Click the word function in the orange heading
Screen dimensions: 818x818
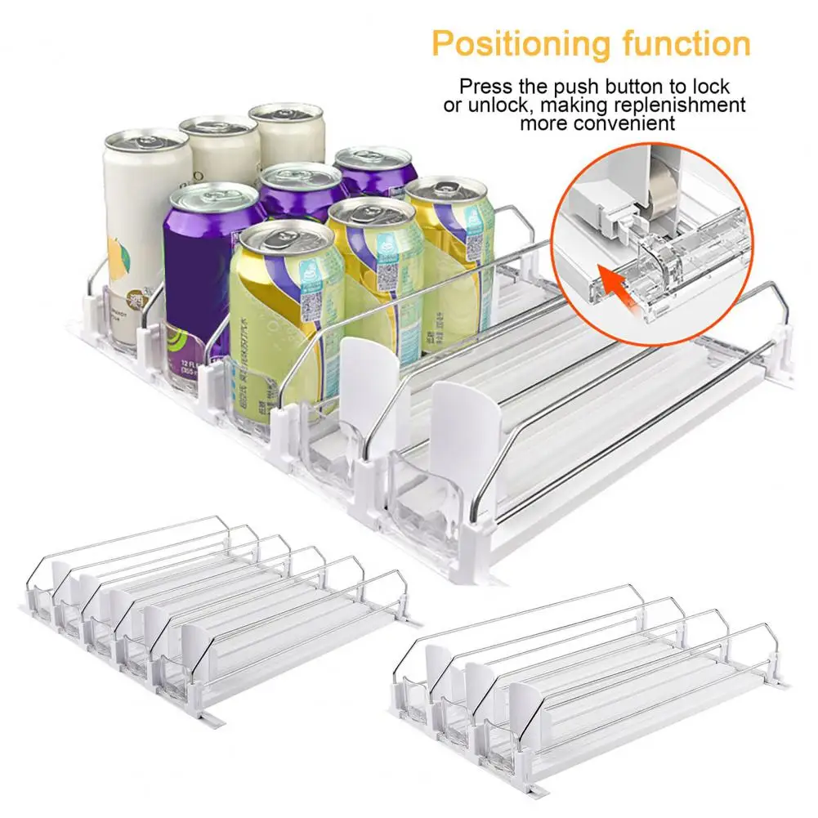pos(682,42)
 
